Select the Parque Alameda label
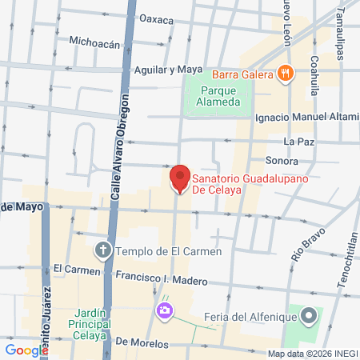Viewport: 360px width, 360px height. coord(219,96)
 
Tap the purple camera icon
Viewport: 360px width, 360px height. coord(165,310)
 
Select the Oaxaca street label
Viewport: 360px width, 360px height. coord(156,18)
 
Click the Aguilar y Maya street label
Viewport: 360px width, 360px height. coord(169,69)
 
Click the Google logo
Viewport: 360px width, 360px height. coord(26,350)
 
